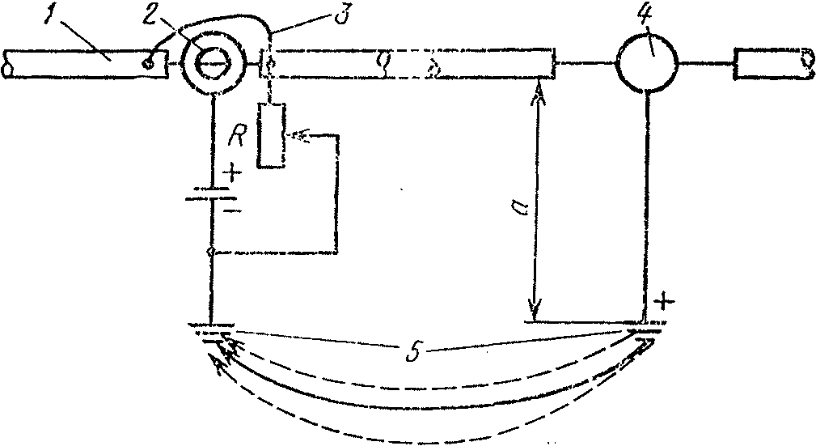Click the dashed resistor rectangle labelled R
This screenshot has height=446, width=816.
tap(271, 135)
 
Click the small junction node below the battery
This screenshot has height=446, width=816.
tap(211, 253)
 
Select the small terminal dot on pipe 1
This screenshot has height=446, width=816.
tap(147, 62)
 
